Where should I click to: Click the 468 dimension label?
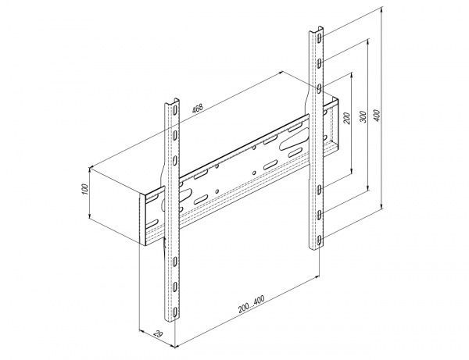click(198, 108)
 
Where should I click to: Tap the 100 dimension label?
click(85, 189)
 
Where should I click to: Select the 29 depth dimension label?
click(158, 333)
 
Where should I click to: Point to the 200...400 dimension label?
click(251, 304)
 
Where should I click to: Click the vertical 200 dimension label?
click(346, 119)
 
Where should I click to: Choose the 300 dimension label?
click(363, 116)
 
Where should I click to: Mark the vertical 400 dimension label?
click(378, 116)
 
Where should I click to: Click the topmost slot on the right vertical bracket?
click(320, 38)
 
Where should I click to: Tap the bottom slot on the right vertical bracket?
click(320, 240)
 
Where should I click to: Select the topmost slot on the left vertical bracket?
click(174, 110)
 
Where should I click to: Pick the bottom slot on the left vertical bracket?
click(174, 312)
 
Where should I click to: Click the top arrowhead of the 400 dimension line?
click(381, 9)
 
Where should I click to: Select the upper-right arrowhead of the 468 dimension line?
click(281, 73)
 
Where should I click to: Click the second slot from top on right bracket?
click(320, 63)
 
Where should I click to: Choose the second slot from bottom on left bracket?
click(174, 287)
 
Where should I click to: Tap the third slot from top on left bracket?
click(174, 160)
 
